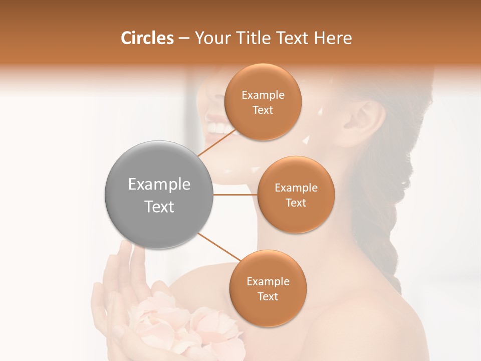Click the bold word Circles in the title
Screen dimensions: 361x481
coord(147,38)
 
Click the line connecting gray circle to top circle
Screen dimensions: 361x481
coord(216,142)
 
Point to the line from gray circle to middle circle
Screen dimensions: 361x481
coord(235,195)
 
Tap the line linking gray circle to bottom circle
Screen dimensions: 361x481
coord(219,247)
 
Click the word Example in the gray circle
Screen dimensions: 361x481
coord(159,185)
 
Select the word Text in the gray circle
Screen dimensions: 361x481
coord(159,207)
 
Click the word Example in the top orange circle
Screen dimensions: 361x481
coord(263,95)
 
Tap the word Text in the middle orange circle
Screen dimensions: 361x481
coord(296,203)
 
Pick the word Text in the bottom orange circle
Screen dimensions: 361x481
coord(268,296)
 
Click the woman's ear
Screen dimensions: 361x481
coord(368,120)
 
